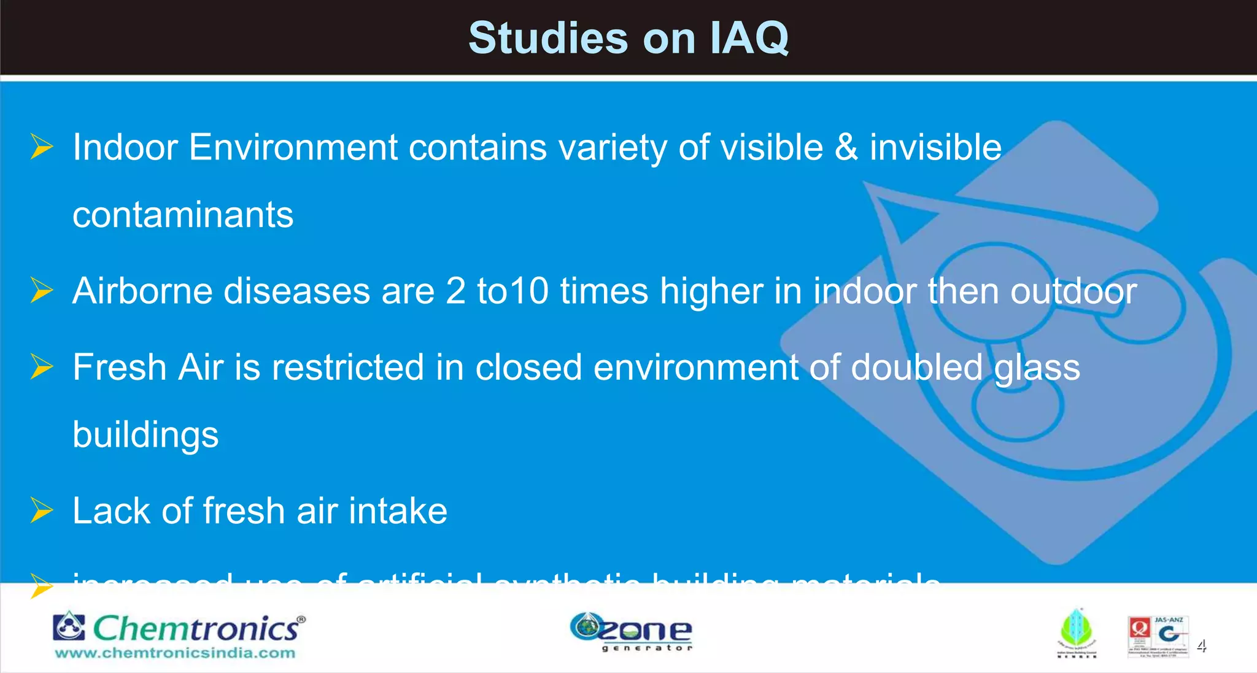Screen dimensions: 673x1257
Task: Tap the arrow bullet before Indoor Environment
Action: (42, 147)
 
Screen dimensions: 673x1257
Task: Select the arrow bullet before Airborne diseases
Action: (42, 290)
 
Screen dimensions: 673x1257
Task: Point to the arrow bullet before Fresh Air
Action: (42, 367)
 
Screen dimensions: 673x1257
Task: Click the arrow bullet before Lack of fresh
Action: (42, 510)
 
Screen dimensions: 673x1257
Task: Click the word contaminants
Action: (183, 215)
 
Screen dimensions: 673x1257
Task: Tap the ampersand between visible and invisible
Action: (846, 148)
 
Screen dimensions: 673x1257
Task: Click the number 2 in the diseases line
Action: (455, 290)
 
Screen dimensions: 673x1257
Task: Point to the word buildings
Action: (145, 434)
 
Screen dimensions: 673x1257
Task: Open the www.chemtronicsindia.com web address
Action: (175, 653)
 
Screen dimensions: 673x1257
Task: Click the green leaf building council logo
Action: (1077, 633)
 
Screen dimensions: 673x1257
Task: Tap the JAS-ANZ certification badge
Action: (1158, 636)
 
